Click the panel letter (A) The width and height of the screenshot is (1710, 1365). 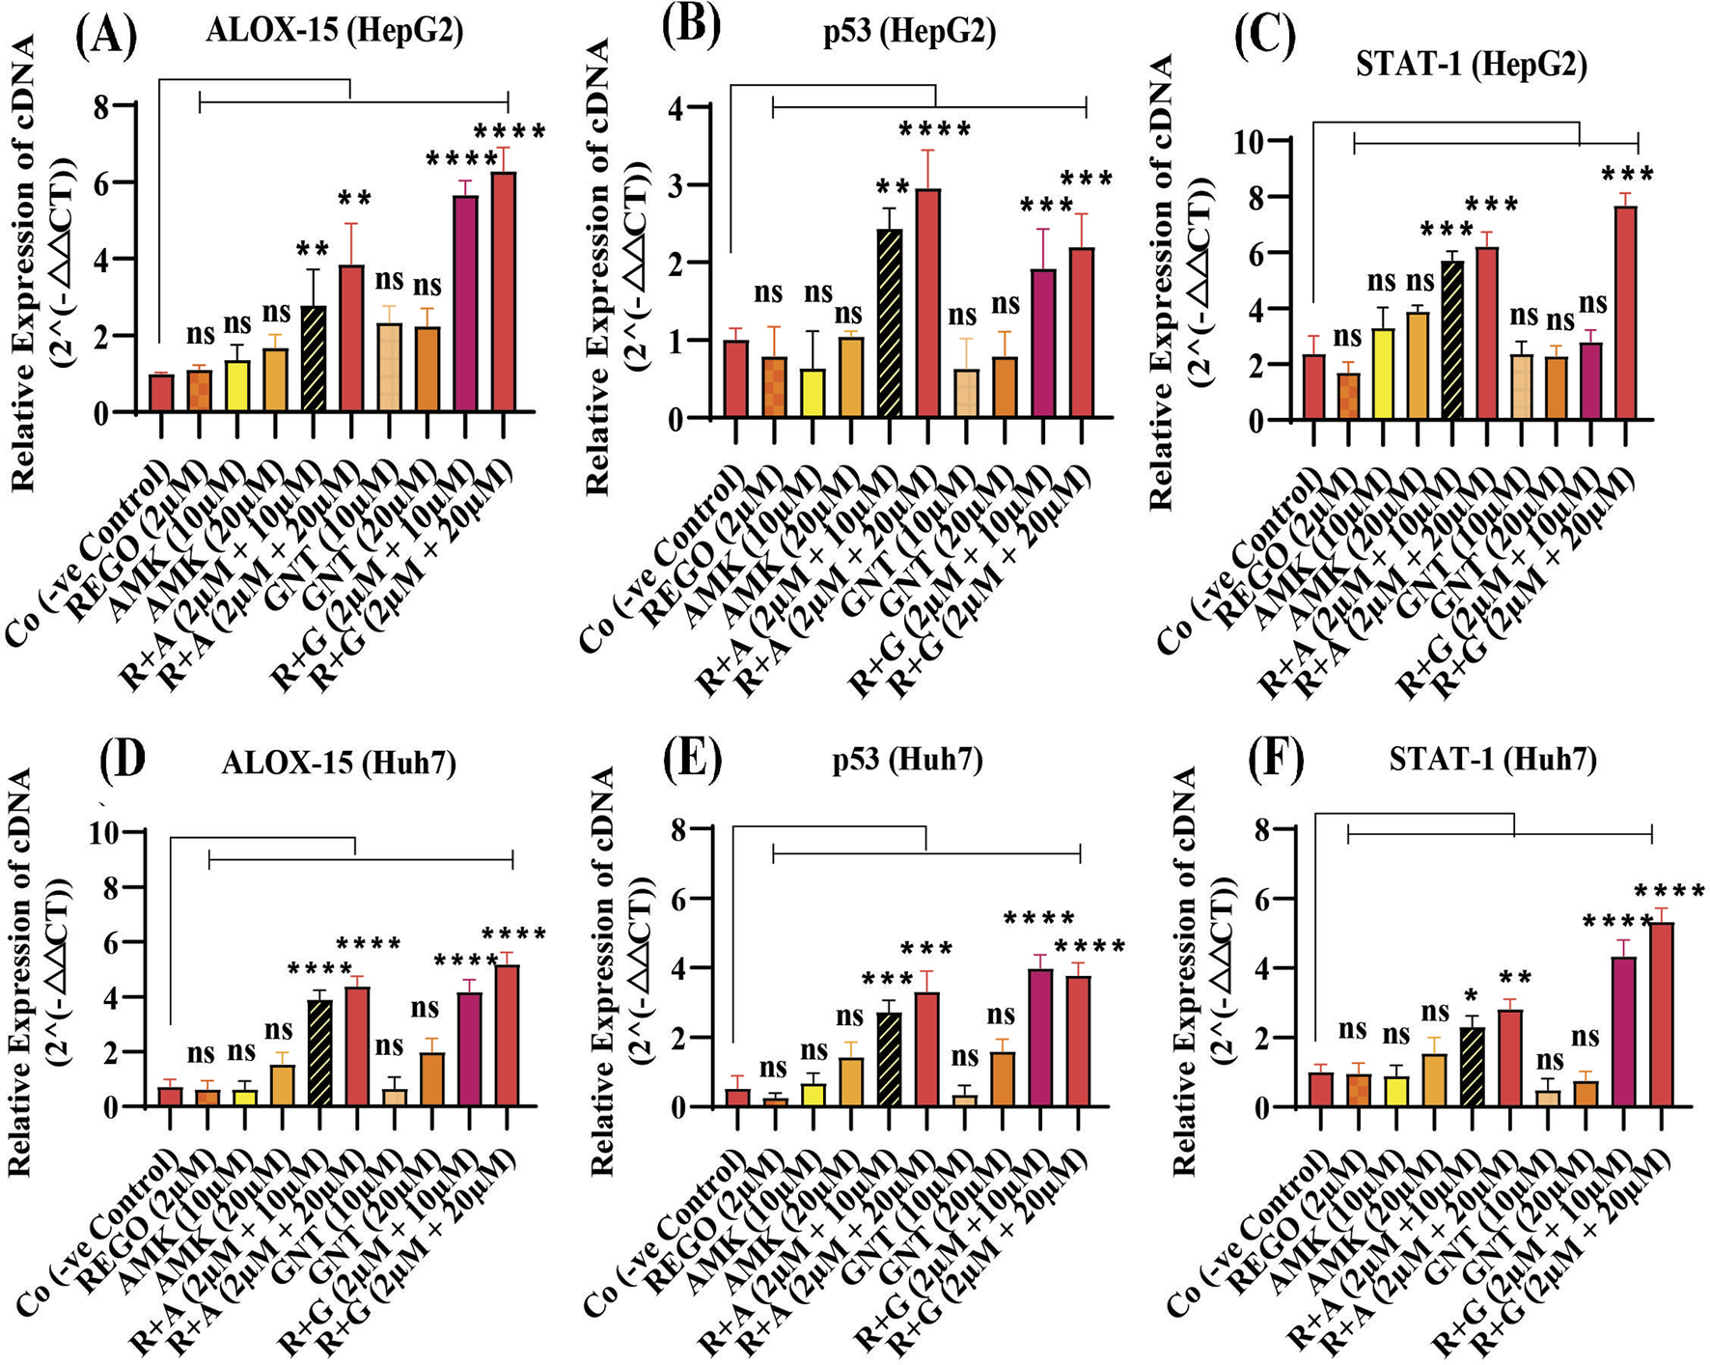pyautogui.click(x=105, y=37)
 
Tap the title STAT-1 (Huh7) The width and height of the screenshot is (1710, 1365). pyautogui.click(x=1492, y=760)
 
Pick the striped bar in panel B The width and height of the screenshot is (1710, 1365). pyautogui.click(x=889, y=323)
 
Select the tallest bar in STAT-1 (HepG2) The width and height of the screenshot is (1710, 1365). pyautogui.click(x=1625, y=313)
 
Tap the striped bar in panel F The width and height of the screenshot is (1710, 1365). pyautogui.click(x=1473, y=1067)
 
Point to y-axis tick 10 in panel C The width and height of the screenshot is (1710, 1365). pyautogui.click(x=1257, y=141)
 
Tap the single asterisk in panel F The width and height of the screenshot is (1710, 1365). pyautogui.click(x=1470, y=994)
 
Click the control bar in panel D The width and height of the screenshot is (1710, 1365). pyautogui.click(x=170, y=1097)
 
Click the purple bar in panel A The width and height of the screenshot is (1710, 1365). pyautogui.click(x=465, y=304)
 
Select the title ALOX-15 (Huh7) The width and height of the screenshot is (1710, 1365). pyautogui.click(x=338, y=763)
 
